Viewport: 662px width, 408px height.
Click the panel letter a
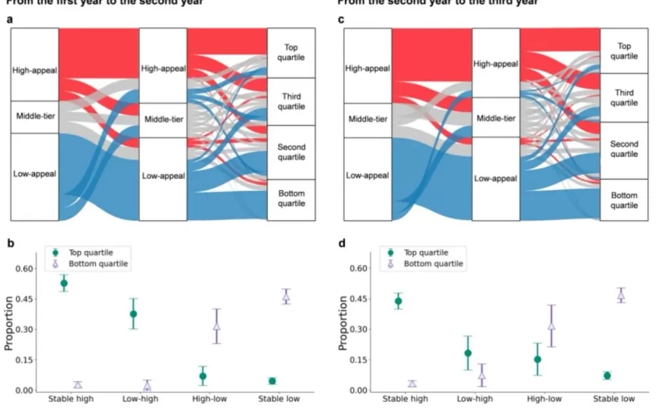(x=10, y=19)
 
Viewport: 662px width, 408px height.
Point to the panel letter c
(x=341, y=19)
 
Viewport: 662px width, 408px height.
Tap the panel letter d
(x=341, y=243)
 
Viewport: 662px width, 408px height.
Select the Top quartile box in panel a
(x=291, y=52)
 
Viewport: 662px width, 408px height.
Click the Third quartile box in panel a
(x=291, y=102)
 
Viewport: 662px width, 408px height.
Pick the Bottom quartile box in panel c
(x=623, y=200)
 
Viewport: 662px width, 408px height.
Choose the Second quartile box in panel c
(x=623, y=149)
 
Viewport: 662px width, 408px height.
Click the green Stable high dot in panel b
(x=64, y=283)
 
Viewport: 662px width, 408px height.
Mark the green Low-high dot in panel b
(x=133, y=314)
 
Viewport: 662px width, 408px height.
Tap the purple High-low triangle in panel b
(x=216, y=326)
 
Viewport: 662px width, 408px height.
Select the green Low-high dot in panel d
(x=467, y=353)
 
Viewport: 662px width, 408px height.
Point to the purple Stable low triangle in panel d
(x=620, y=296)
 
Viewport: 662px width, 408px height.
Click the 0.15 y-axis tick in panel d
(x=356, y=360)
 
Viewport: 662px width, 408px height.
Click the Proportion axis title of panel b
(x=9, y=322)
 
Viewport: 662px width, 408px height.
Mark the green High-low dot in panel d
(x=537, y=359)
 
